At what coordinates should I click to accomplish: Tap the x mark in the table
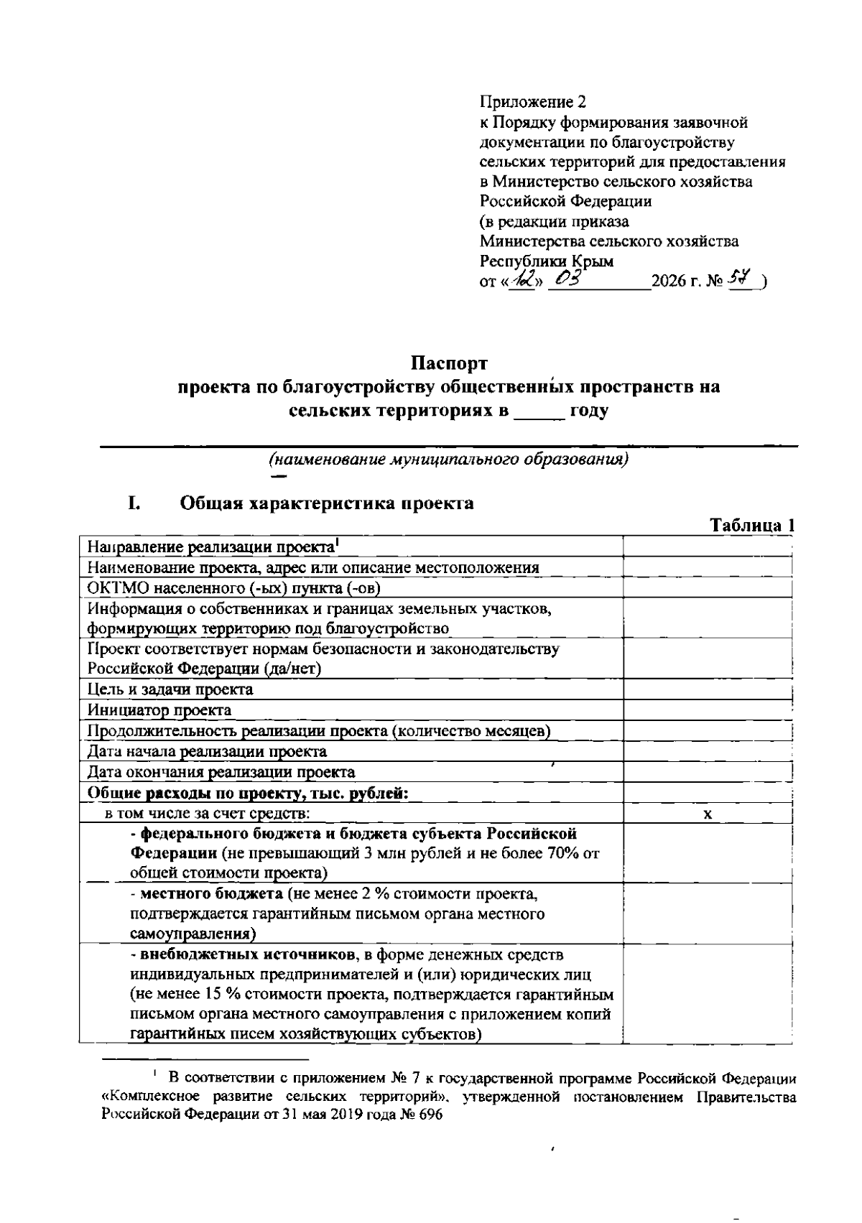(x=708, y=814)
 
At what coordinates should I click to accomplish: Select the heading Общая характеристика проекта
(x=326, y=503)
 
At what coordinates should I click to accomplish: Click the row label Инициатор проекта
(x=159, y=710)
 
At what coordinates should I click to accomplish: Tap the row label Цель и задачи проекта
(x=170, y=689)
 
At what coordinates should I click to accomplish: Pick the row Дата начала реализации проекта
(x=207, y=752)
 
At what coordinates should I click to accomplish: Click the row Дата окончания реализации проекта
(x=221, y=773)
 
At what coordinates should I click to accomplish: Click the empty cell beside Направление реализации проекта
(x=708, y=547)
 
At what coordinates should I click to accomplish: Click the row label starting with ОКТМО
(x=233, y=587)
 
